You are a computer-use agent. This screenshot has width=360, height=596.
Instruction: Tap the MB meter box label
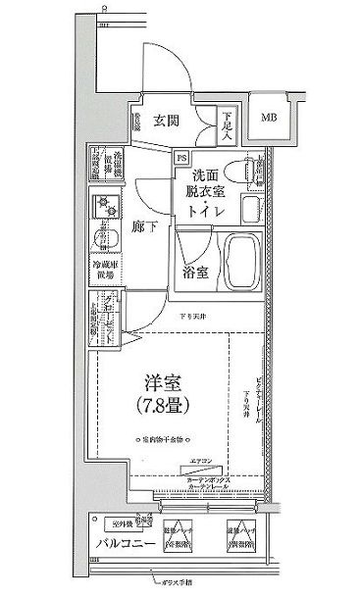268,119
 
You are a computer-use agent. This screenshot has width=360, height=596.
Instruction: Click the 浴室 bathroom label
195,273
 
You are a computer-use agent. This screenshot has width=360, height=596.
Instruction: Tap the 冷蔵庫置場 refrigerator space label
105,271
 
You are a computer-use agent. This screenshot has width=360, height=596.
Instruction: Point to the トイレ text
205,210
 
